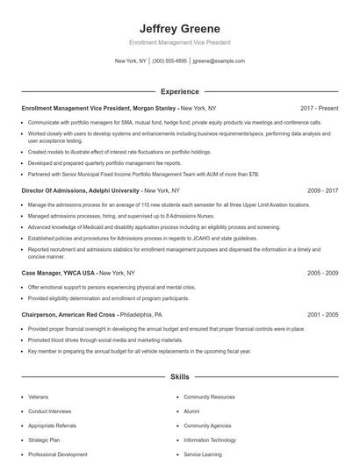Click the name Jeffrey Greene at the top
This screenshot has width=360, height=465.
point(179,28)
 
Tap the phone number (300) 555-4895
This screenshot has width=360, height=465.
point(169,61)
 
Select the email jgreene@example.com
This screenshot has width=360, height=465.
point(219,61)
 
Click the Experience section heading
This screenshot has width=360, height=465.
point(179,90)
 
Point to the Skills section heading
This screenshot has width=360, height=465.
point(179,376)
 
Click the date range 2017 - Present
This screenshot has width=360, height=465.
point(319,108)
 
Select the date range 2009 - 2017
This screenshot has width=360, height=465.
point(322,190)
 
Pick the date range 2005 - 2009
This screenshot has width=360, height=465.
point(322,273)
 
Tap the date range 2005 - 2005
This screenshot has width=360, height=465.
point(322,314)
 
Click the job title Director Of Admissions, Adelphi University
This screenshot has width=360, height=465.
point(80,190)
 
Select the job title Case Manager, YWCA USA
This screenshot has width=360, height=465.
point(58,273)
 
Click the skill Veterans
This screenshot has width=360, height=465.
point(39,397)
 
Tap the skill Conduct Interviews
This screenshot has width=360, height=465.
point(49,411)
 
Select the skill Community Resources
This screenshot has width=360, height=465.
point(209,397)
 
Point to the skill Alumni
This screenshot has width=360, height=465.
point(191,411)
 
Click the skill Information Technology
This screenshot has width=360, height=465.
point(210,440)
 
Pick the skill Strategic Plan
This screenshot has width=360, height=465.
point(44,440)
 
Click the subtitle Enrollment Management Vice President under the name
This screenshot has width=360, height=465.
point(179,42)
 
